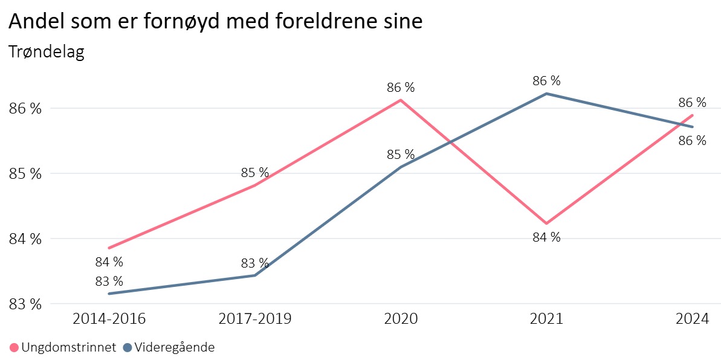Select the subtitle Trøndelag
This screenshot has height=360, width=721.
[46, 52]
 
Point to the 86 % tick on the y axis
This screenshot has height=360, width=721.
[25, 109]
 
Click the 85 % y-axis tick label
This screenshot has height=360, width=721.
[25, 174]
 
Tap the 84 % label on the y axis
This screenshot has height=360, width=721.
[25, 239]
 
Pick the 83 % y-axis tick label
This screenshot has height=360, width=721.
[25, 304]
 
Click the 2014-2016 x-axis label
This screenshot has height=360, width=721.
[109, 319]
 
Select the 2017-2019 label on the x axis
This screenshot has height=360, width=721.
[254, 319]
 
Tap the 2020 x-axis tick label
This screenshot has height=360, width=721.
[401, 319]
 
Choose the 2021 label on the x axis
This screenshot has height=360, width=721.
[546, 319]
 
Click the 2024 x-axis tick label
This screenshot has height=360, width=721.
[692, 319]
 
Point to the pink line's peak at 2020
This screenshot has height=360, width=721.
[401, 100]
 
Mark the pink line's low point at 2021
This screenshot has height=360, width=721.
[546, 223]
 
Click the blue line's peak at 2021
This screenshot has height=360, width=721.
[546, 94]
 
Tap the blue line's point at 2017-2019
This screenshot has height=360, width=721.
[254, 275]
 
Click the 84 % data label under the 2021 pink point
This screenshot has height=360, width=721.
[546, 237]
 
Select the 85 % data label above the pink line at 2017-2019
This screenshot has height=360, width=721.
[254, 173]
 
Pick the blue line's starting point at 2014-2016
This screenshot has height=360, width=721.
[109, 294]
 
